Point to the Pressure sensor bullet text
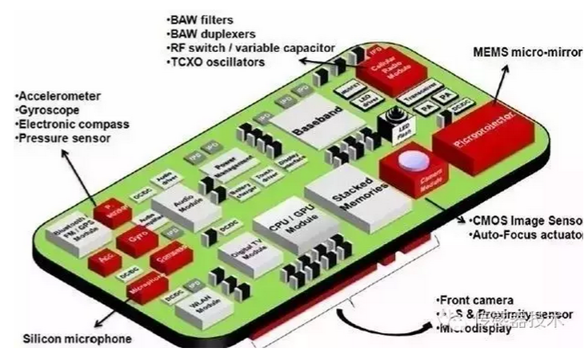tap(62, 138)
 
